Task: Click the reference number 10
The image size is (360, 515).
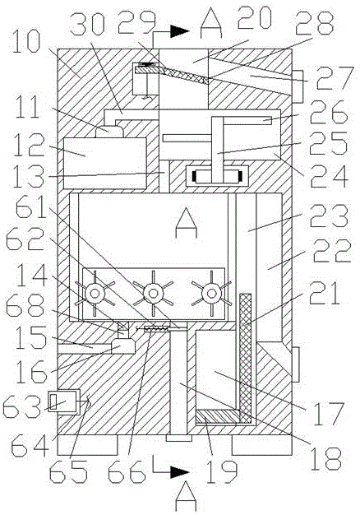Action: click(26, 42)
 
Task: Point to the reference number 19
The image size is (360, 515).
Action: click(221, 471)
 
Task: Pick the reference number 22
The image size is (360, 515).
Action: click(332, 251)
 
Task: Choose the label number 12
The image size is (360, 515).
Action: click(29, 146)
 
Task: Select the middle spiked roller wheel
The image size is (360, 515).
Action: click(153, 293)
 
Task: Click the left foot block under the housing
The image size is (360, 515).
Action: click(87, 445)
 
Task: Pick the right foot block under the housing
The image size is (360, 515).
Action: click(261, 445)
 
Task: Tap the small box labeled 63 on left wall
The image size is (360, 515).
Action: click(64, 402)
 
